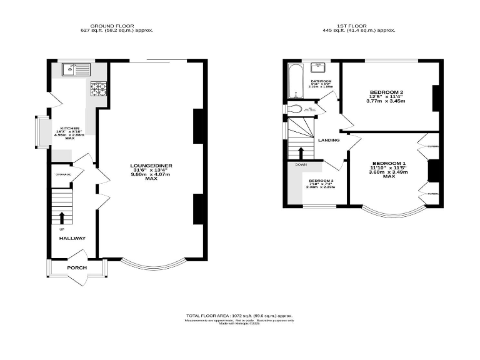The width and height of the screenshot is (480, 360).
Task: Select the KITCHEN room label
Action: click(69, 128)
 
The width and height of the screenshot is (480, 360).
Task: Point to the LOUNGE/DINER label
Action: click(151, 166)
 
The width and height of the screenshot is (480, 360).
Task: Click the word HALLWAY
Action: click(72, 238)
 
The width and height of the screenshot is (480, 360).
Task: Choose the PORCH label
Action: click(77, 267)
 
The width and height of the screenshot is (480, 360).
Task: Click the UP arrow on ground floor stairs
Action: click(62, 217)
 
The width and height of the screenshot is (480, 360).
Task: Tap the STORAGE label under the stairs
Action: click(63, 174)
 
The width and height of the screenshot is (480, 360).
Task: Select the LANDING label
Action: click(329, 140)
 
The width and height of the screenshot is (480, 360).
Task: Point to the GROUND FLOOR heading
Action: click(117, 26)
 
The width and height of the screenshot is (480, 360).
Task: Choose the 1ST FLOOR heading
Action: click(350, 26)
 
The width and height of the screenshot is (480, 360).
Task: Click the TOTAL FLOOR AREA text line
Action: click(239, 316)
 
